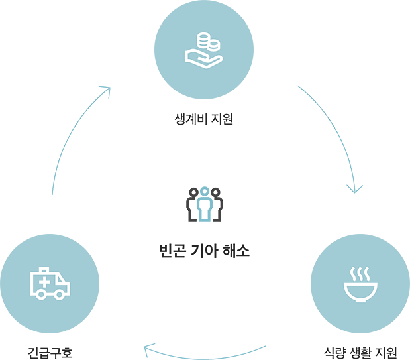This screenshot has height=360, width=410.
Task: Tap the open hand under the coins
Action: click(199, 58)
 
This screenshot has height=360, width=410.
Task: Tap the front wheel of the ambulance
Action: click(60, 295)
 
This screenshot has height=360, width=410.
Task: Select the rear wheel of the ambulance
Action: click(40, 295)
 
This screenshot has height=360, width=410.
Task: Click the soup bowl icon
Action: click(359, 291)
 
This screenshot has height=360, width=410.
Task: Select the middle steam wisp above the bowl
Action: click(359, 271)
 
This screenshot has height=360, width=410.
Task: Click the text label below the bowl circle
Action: click(362, 346)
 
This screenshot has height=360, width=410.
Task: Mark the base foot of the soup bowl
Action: click(359, 300)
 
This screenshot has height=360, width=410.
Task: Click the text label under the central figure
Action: click(205, 250)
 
